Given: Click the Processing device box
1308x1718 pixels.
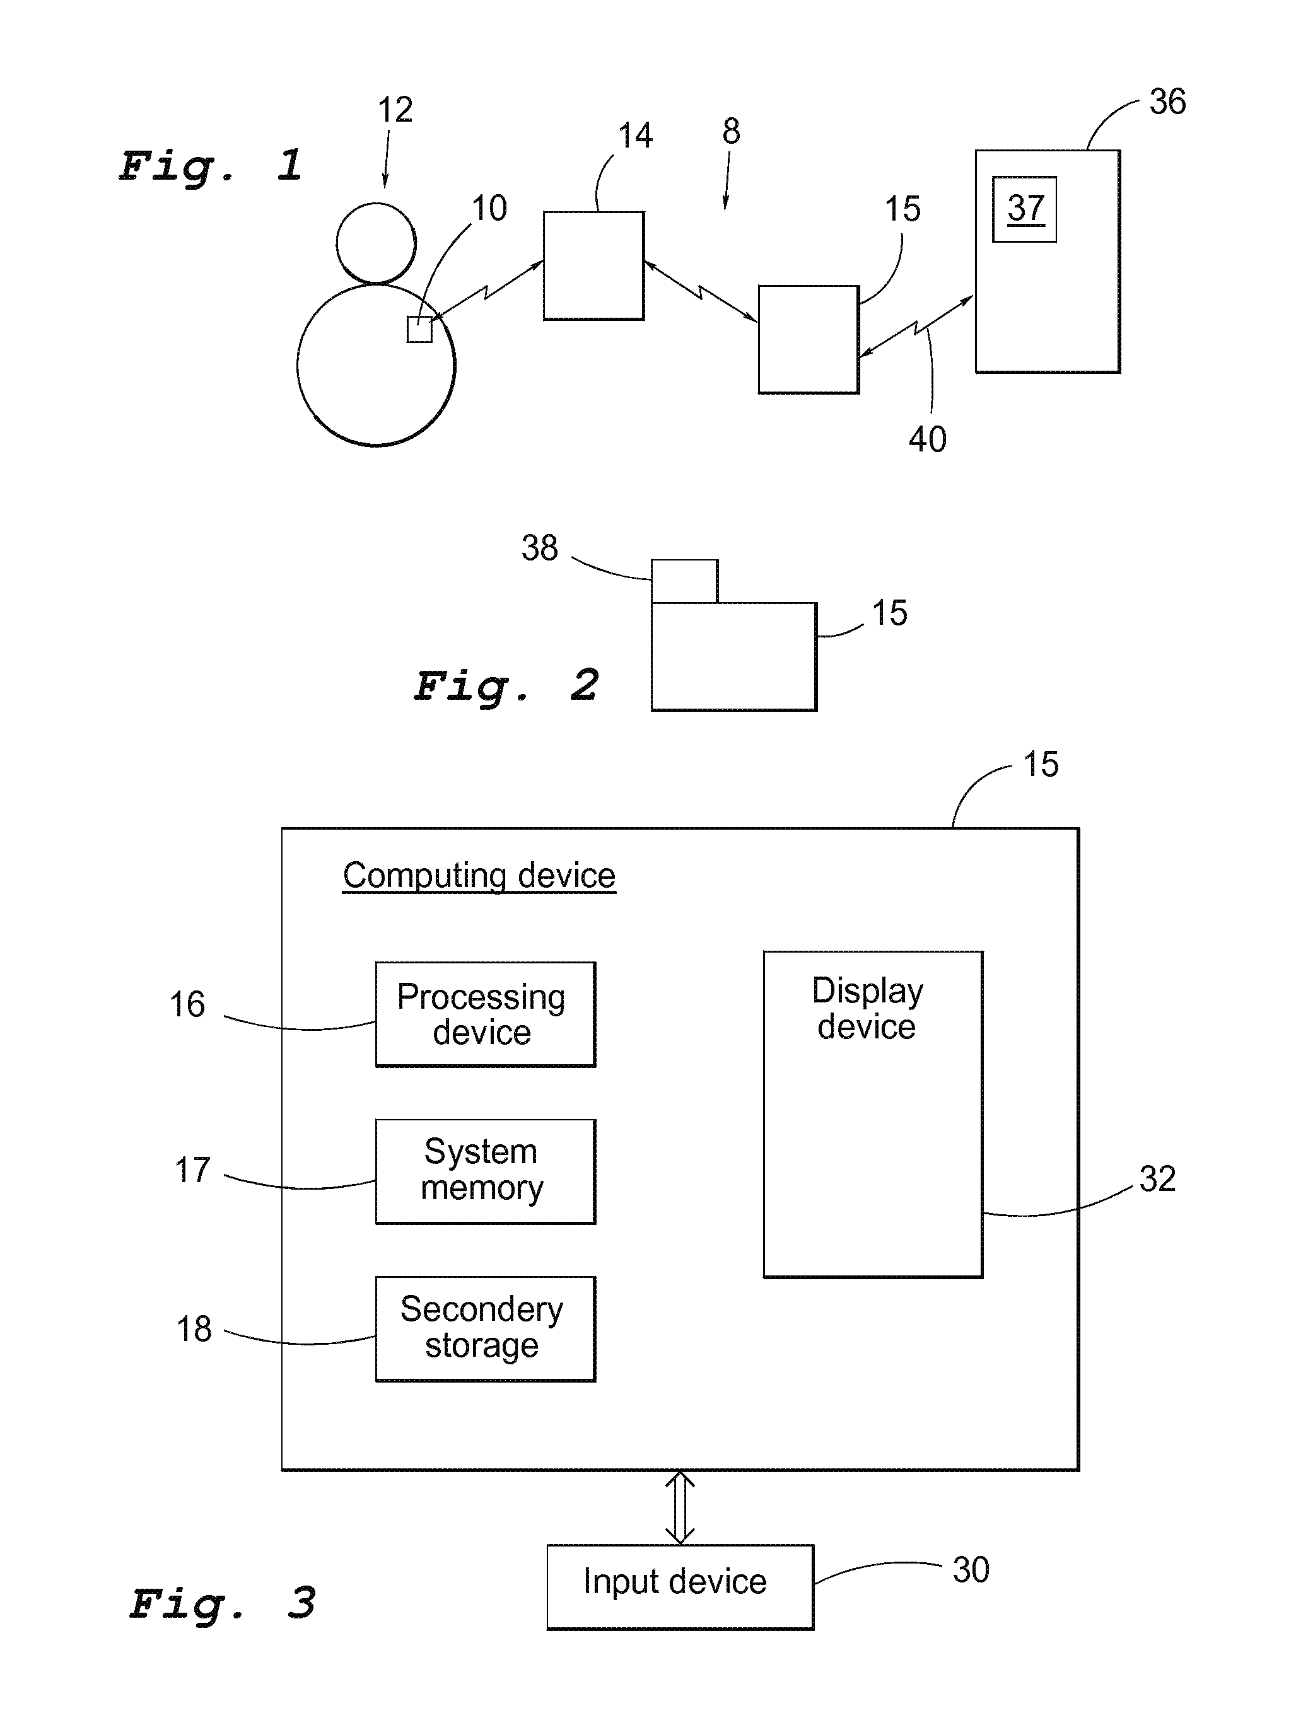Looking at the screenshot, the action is pyautogui.click(x=485, y=1014).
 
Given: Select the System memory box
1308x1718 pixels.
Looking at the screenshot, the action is pyautogui.click(x=485, y=1171).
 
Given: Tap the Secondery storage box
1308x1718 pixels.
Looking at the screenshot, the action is pyautogui.click(x=485, y=1329).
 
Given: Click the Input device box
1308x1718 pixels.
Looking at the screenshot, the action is pyautogui.click(x=680, y=1586).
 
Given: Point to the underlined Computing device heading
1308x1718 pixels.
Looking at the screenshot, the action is pyautogui.click(x=479, y=876).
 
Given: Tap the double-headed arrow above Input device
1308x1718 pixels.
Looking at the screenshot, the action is pyautogui.click(x=680, y=1508).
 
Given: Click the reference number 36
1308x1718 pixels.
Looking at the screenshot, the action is pyautogui.click(x=1167, y=102).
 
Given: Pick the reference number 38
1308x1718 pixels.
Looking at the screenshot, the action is pyautogui.click(x=540, y=548).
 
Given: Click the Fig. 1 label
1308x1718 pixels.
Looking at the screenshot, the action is pyautogui.click(x=211, y=166).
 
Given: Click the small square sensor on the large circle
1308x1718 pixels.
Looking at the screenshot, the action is pyautogui.click(x=419, y=329).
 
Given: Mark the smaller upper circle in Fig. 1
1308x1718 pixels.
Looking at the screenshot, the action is pyautogui.click(x=376, y=243).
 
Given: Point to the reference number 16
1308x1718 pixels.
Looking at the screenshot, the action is pyautogui.click(x=188, y=1004).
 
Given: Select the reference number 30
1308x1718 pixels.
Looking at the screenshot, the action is pyautogui.click(x=971, y=1570).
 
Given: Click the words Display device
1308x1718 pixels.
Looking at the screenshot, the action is pyautogui.click(x=867, y=1009).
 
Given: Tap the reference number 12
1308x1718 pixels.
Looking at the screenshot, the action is pyautogui.click(x=395, y=110).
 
